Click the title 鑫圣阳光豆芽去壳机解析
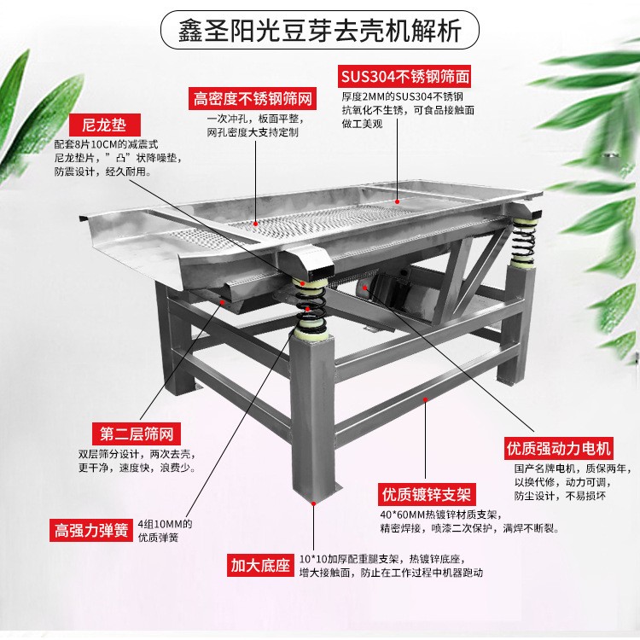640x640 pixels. click(x=321, y=32)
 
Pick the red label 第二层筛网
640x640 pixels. click(x=131, y=433)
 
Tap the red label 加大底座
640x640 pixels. click(x=260, y=564)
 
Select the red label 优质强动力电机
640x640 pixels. click(x=559, y=447)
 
